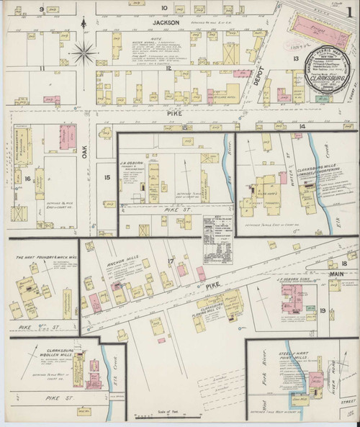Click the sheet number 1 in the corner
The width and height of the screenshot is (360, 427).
(348, 12)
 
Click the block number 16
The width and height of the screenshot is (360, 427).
(28, 178)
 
